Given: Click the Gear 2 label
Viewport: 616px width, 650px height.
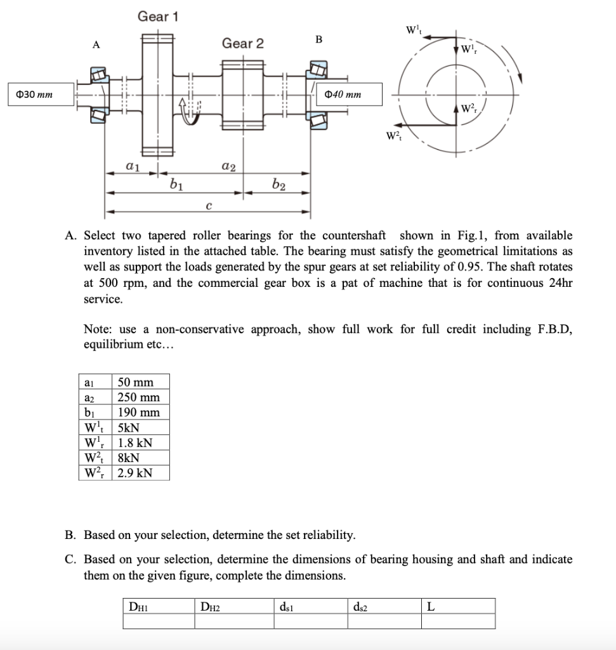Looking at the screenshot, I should click(x=242, y=43).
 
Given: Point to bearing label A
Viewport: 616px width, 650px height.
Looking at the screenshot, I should click(x=96, y=44).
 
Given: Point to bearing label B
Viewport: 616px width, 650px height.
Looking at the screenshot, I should click(x=318, y=39).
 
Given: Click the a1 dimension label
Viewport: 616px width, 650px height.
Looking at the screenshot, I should click(x=133, y=166).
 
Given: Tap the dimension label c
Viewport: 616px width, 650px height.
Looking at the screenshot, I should click(x=208, y=204).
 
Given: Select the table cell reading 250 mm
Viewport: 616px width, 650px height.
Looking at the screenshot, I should click(x=140, y=397).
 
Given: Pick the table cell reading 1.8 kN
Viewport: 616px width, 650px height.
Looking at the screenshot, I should click(x=134, y=442).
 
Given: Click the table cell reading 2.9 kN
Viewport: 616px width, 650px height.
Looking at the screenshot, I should click(x=134, y=473).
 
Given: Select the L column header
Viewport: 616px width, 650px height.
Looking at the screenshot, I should click(x=431, y=606).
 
